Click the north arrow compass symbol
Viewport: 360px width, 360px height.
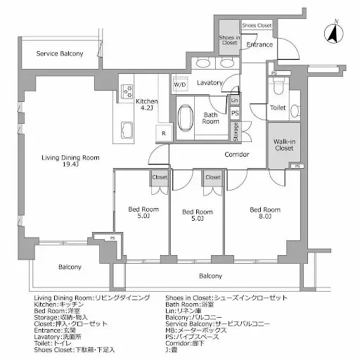pos(333,31)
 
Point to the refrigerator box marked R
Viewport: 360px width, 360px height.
pos(163,132)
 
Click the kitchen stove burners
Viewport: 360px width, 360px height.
pos(129,91)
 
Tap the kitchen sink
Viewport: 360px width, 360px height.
pos(129,129)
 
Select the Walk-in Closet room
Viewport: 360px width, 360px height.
pos(283,144)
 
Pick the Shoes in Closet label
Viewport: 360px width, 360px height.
pos(229,41)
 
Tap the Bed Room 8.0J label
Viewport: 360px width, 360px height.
pos(265,213)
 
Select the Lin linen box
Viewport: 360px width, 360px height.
pos(234,100)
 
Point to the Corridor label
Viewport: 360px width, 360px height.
pos(236,154)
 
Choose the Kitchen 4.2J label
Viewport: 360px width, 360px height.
pos(147,105)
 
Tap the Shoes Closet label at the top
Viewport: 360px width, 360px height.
pos(257,25)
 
